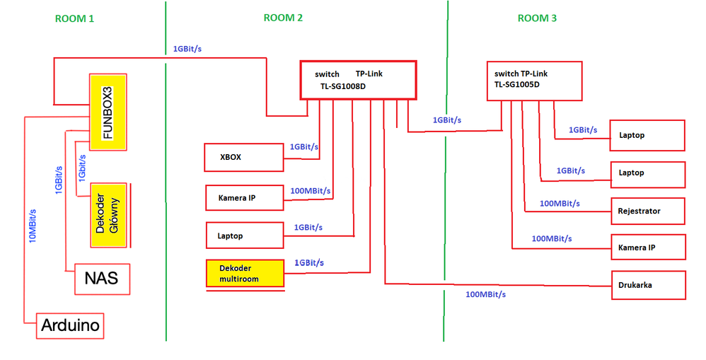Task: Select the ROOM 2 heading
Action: (x=283, y=18)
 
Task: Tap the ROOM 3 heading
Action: (x=537, y=18)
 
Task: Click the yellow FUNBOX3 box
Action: (x=107, y=112)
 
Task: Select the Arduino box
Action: (x=70, y=326)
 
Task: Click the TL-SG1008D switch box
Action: (x=358, y=79)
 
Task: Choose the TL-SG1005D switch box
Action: (x=535, y=80)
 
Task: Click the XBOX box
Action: (x=243, y=158)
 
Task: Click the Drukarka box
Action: (x=648, y=284)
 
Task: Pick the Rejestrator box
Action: (x=648, y=211)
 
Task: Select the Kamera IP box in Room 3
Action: (x=648, y=247)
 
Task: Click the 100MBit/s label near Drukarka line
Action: (x=486, y=294)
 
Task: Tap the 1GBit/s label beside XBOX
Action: (x=304, y=147)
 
